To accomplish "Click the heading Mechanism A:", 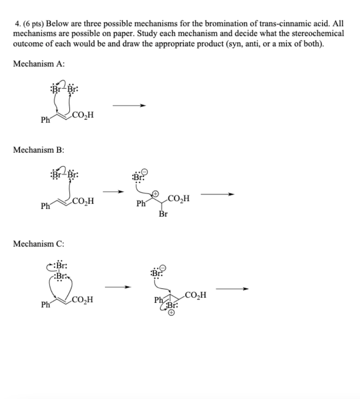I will (x=39, y=64).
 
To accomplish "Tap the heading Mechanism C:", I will (x=39, y=244).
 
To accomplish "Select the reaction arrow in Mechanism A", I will (x=129, y=105).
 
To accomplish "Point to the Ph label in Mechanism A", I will (x=45, y=120).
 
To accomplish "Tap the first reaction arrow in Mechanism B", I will (x=113, y=191).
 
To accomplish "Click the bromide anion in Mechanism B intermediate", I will (x=139, y=176).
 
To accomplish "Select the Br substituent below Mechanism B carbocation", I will (x=163, y=214).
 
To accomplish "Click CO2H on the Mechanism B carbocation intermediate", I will (x=179, y=199).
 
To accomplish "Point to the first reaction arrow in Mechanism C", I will (x=118, y=288).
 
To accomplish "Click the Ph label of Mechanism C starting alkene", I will (x=45, y=305).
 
